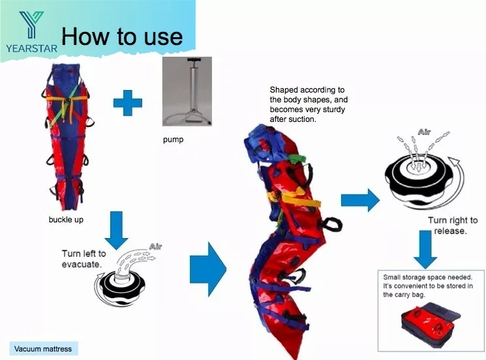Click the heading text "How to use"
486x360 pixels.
pos(121,36)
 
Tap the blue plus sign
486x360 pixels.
pos(127,103)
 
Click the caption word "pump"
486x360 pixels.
pos(173,140)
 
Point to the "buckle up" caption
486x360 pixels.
pos(66,220)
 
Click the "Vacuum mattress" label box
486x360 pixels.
pos(43,348)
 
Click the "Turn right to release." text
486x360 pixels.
pos(453,226)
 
